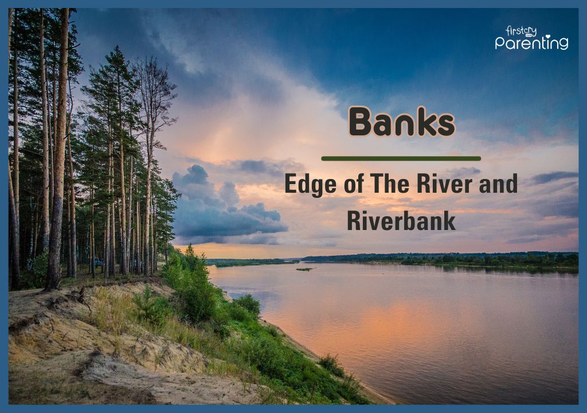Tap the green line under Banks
click(x=401, y=158)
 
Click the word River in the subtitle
click(x=436, y=184)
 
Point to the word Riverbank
click(x=401, y=221)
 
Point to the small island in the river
click(x=304, y=269)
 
